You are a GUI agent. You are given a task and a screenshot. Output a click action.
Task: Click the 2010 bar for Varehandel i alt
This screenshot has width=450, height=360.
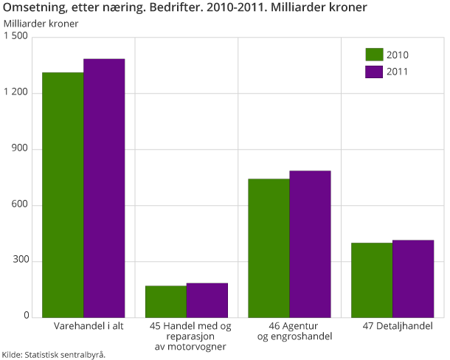click(63, 195)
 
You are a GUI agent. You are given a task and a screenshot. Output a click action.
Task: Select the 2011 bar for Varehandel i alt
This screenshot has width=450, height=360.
click(104, 188)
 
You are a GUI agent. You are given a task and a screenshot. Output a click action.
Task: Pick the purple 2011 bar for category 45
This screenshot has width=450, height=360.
click(207, 300)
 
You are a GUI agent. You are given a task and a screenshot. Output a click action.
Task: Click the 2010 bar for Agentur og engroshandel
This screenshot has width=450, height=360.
click(269, 248)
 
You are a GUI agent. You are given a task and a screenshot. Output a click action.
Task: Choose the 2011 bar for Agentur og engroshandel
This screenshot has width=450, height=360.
click(310, 243)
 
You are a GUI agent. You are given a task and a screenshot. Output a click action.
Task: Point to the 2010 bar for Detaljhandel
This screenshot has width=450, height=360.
click(372, 280)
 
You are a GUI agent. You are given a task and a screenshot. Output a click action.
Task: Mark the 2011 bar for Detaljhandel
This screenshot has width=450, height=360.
click(413, 278)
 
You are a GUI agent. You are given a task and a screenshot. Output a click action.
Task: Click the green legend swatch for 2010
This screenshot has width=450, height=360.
click(374, 55)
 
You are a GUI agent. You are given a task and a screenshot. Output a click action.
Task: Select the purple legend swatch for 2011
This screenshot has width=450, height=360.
click(374, 72)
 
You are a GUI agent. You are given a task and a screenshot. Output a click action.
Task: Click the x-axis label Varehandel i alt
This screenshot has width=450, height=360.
click(83, 325)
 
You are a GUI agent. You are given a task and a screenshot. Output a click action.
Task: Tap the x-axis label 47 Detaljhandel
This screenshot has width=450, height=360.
click(392, 325)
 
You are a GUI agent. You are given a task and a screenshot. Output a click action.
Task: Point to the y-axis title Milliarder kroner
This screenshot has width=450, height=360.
click(41, 23)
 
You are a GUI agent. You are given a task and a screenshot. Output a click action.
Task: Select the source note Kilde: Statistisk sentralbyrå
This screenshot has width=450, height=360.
click(53, 354)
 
